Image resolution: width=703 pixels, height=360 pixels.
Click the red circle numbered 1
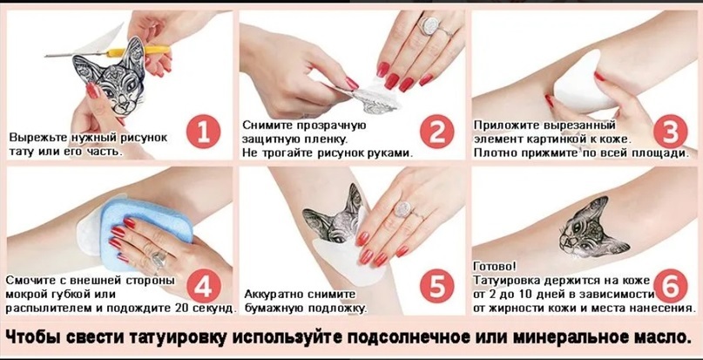[203, 131]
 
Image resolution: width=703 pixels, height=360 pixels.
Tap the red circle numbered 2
[437, 131]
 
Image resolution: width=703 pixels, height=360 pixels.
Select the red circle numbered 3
[670, 131]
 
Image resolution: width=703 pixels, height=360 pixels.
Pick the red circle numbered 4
[204, 286]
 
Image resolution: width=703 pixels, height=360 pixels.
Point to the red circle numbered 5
[437, 286]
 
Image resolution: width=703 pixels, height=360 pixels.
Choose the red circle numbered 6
[670, 286]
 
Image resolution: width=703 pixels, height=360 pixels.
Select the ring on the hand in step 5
[403, 209]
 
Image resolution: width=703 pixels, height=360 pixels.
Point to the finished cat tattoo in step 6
[592, 228]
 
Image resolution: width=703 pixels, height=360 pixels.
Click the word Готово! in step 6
[495, 266]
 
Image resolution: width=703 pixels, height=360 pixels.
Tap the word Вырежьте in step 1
[37, 137]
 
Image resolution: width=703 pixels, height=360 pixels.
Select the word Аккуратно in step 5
[274, 295]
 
